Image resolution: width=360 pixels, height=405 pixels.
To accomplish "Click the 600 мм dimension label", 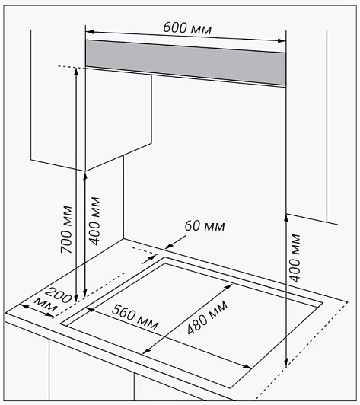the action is pyautogui.click(x=187, y=28).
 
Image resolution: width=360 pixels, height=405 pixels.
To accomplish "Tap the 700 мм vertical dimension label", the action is pyautogui.click(x=66, y=230).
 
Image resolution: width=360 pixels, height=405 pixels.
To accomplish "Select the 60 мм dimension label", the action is pyautogui.click(x=205, y=226).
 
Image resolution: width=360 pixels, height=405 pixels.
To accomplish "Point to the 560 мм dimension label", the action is pyautogui.click(x=135, y=317).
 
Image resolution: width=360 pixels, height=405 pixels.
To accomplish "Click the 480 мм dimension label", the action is pyautogui.click(x=208, y=317).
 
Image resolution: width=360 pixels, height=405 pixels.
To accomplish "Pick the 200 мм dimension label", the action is pyautogui.click(x=54, y=300).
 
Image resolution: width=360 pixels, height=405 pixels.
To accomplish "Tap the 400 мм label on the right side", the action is pyautogui.click(x=295, y=258).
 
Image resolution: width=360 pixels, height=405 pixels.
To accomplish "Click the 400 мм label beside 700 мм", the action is pyautogui.click(x=94, y=221).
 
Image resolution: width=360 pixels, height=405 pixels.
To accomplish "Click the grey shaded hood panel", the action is pyautogui.click(x=186, y=62).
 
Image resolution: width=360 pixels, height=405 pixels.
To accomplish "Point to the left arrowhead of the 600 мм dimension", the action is pyautogui.click(x=89, y=32).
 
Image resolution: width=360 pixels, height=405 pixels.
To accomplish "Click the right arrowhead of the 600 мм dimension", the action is pyautogui.click(x=282, y=40).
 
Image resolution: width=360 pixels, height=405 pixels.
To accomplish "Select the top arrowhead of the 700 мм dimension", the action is pyautogui.click(x=76, y=71).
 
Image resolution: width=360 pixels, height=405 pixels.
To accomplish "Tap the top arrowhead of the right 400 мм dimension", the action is pyautogui.click(x=286, y=218).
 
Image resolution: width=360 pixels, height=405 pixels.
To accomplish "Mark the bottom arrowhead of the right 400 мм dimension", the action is pyautogui.click(x=286, y=362).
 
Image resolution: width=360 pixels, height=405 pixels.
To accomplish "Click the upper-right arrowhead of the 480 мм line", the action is pyautogui.click(x=229, y=286).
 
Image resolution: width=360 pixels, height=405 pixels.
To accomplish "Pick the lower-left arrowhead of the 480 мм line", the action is pyautogui.click(x=146, y=351).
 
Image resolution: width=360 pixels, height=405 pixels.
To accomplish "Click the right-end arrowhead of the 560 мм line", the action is pyautogui.click(x=247, y=367).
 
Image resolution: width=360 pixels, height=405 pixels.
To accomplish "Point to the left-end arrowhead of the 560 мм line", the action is pyautogui.click(x=91, y=308).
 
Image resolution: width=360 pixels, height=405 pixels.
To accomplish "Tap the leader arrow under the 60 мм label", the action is pyautogui.click(x=175, y=242).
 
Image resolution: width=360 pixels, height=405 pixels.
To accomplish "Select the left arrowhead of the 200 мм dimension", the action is pyautogui.click(x=24, y=306).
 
